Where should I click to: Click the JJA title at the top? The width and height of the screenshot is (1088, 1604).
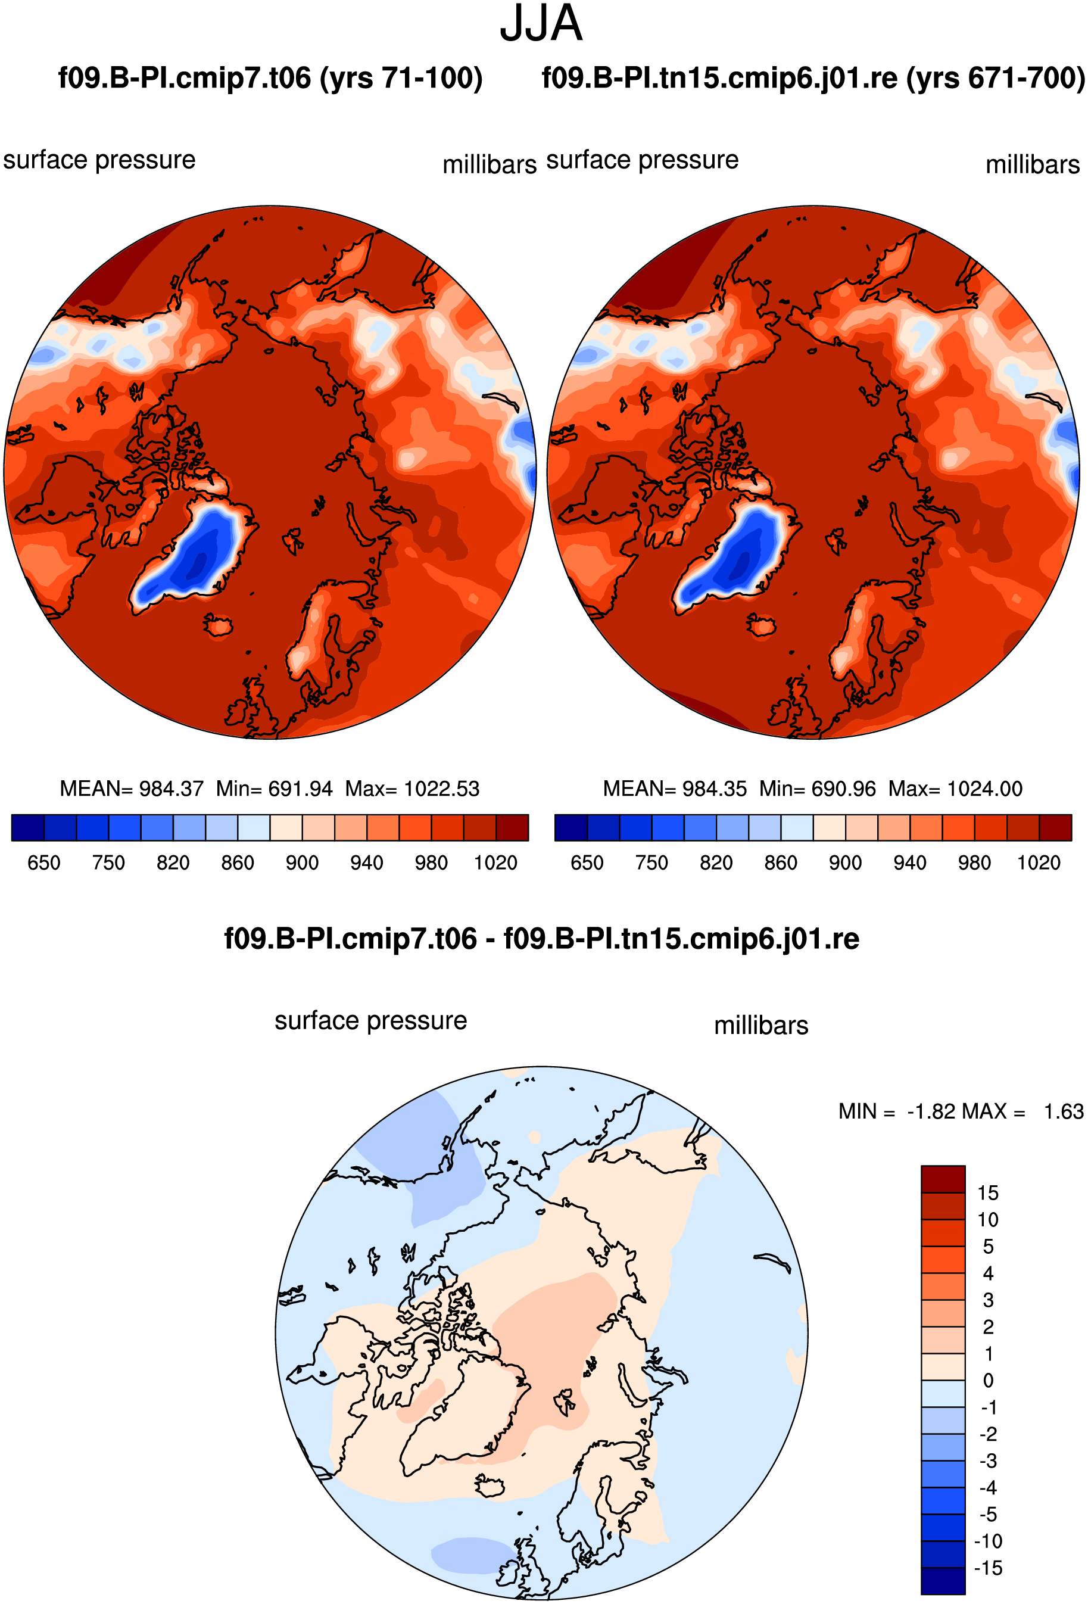click(541, 24)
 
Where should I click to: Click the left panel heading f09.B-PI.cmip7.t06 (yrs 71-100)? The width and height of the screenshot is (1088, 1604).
click(270, 78)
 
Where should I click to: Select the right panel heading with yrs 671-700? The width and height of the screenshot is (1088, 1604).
click(813, 78)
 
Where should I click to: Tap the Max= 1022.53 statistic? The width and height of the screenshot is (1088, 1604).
click(413, 788)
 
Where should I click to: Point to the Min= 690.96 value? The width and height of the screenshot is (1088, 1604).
click(818, 788)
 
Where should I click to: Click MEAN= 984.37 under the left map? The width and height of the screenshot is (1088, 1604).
click(132, 788)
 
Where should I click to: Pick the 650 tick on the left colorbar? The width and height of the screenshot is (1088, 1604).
click(43, 862)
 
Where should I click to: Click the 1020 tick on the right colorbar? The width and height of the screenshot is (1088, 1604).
click(1039, 862)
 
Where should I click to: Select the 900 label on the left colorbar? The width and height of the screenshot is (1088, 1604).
click(302, 862)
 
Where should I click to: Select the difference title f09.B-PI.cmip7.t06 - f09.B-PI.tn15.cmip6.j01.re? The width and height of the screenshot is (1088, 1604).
click(541, 939)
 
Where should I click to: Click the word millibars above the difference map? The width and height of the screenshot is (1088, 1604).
click(761, 1026)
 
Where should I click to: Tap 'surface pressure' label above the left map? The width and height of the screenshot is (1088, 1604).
click(99, 160)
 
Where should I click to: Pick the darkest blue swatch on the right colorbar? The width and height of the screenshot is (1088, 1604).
click(571, 827)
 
